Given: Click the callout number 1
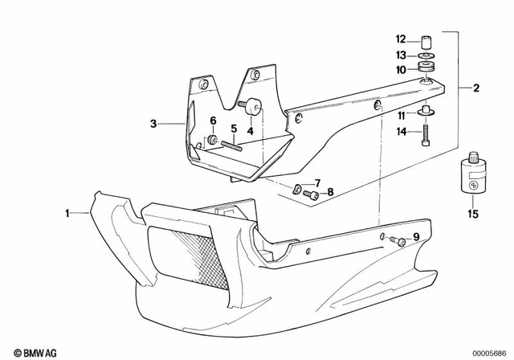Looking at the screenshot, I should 68,213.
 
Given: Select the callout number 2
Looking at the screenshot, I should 476,88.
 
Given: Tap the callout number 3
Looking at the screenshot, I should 153,124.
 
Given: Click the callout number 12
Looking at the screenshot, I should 401,39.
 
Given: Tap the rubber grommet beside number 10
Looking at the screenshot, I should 425,69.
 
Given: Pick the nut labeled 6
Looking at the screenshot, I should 213,141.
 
